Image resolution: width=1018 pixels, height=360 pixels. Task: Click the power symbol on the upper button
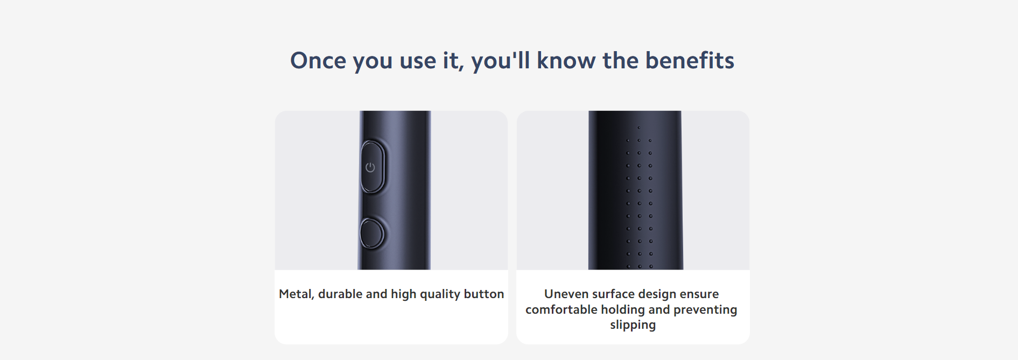(370, 167)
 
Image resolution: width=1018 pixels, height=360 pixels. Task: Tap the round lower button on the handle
(372, 234)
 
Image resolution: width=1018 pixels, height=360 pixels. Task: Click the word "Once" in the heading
(318, 61)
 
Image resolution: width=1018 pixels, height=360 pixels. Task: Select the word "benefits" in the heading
(690, 61)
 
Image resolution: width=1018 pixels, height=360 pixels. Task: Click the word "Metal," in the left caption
(296, 294)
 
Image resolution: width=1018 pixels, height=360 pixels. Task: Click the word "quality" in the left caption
(440, 295)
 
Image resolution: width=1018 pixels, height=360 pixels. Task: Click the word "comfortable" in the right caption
(561, 310)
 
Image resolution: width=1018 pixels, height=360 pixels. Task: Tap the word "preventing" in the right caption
(705, 310)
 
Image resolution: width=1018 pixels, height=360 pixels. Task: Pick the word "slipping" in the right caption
(633, 326)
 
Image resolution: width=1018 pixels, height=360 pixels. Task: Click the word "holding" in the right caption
(623, 310)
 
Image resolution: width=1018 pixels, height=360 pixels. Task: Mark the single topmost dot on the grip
(639, 128)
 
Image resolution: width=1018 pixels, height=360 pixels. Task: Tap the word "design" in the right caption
(657, 295)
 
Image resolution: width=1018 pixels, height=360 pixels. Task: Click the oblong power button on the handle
(372, 167)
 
